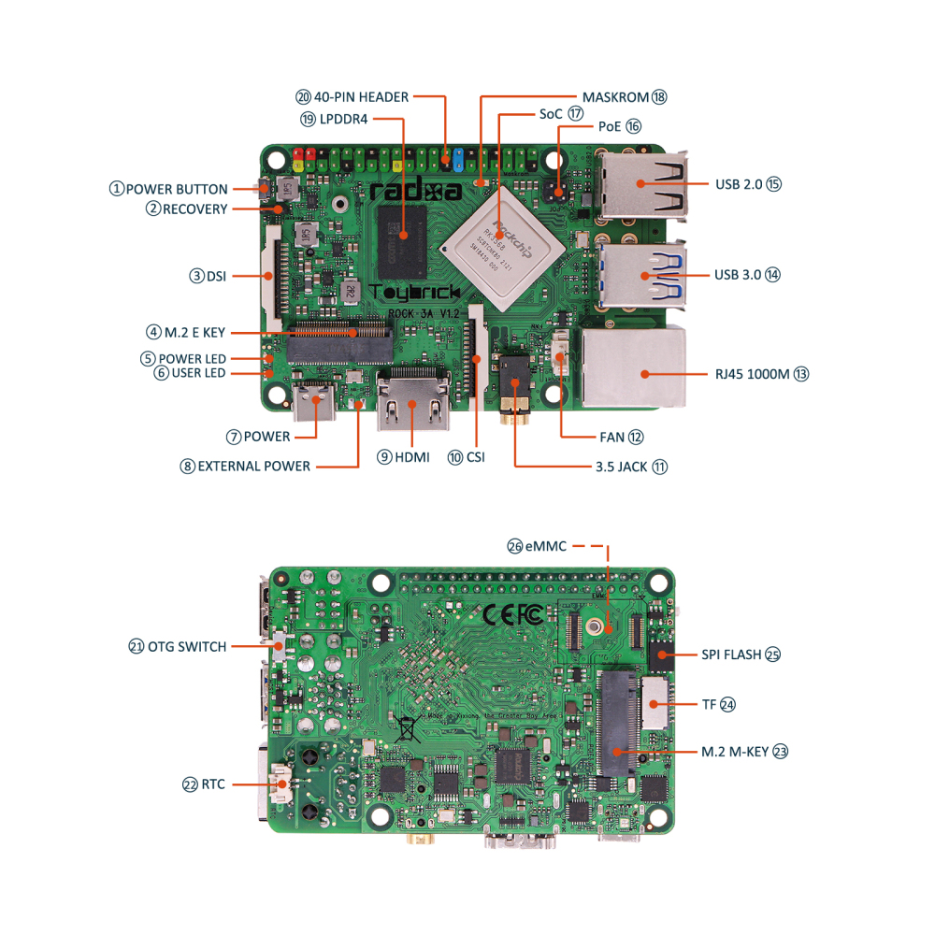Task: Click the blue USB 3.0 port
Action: click(641, 273)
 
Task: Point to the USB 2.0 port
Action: click(640, 183)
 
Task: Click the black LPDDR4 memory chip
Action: click(403, 236)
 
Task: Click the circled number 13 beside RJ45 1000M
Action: click(800, 374)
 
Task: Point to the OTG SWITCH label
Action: click(186, 646)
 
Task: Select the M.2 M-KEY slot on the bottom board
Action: click(618, 725)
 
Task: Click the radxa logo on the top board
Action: click(415, 192)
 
